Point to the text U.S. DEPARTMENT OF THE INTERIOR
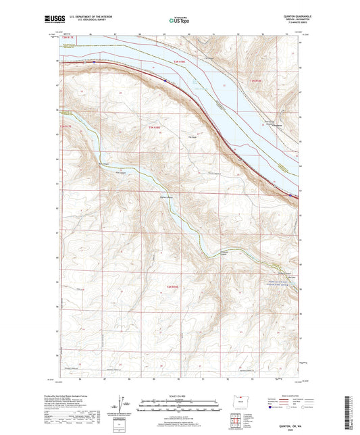[89, 18]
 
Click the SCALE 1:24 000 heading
[180, 395]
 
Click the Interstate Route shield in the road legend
[271, 408]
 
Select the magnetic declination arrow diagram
[126, 405]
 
